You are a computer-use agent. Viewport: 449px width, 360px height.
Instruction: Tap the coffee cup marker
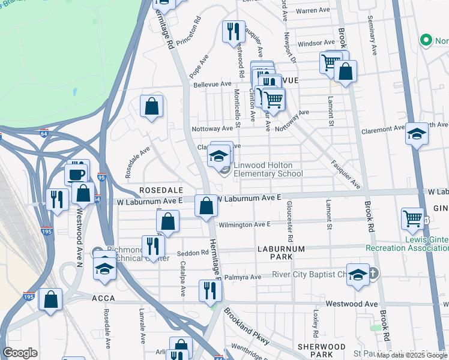[76, 175]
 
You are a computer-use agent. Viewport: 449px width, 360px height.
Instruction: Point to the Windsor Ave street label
[316, 43]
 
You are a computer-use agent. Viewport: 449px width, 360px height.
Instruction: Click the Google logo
[20, 353]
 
